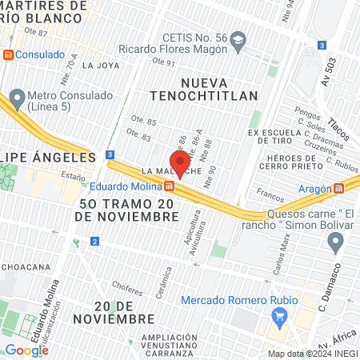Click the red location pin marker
click(180, 162)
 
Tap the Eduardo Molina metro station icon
click(170, 186)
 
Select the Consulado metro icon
click(8, 54)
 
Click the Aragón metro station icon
click(339, 188)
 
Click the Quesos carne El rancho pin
click(336, 241)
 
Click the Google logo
click(26, 350)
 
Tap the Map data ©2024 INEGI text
click(311, 354)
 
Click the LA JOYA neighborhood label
click(100, 66)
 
